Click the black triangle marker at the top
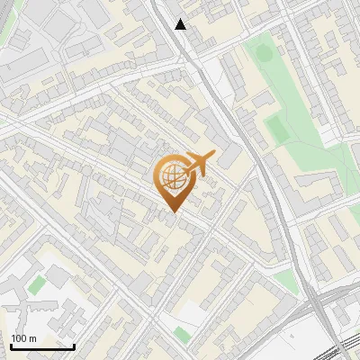pyautogui.click(x=181, y=24)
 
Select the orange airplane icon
pyautogui.click(x=198, y=165)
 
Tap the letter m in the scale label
pyautogui.click(x=33, y=338)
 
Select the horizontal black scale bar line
pyautogui.click(x=42, y=346)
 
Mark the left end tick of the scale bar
pyautogui.click(x=11, y=345)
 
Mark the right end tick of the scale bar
pyautogui.click(x=74, y=345)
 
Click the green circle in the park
pyautogui.click(x=264, y=52)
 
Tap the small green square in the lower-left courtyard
pyautogui.click(x=36, y=285)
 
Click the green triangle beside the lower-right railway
pyautogui.click(x=286, y=282)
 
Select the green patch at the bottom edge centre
pyautogui.click(x=183, y=335)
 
